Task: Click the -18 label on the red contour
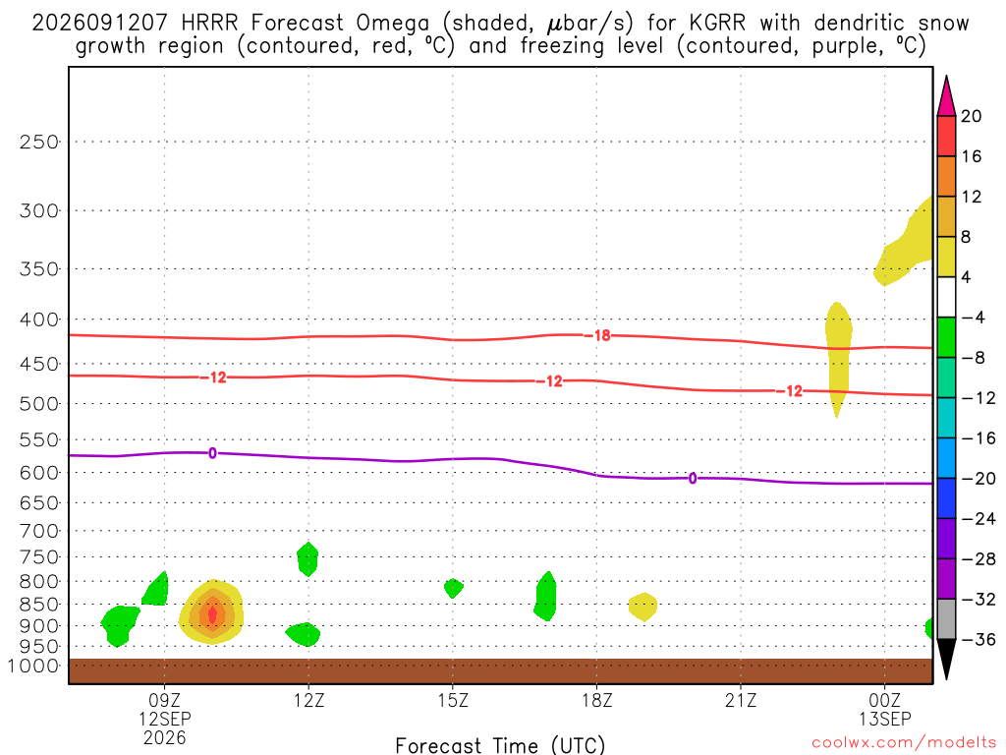[602, 335]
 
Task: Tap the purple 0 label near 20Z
[693, 479]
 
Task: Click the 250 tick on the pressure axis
[39, 142]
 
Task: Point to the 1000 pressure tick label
[33, 666]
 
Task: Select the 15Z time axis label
[453, 700]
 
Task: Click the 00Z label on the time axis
[885, 700]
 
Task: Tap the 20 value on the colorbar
[972, 116]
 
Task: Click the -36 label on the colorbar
[978, 639]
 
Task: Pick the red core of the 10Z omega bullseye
[212, 614]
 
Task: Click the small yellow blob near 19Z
[643, 607]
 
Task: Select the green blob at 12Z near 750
[307, 558]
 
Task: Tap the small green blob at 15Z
[453, 588]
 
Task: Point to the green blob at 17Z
[545, 597]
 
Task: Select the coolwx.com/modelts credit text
[905, 743]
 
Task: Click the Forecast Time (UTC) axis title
[500, 745]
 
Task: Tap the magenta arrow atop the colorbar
[946, 96]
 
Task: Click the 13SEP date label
[885, 719]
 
